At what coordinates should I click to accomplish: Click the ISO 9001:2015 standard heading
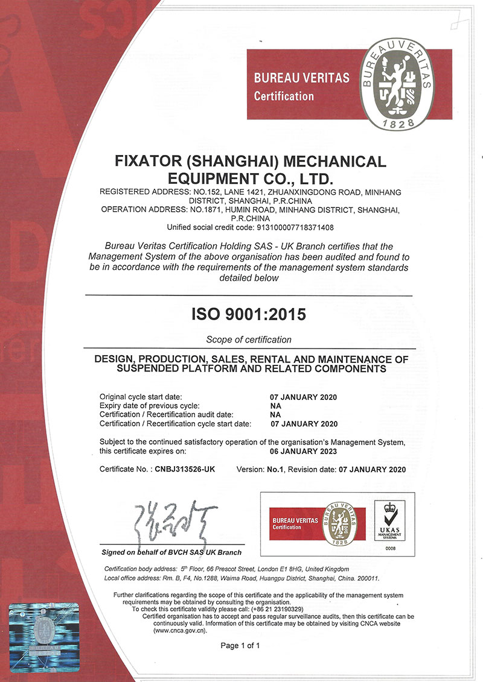pyautogui.click(x=249, y=314)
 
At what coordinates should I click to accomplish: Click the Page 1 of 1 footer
pyautogui.click(x=240, y=645)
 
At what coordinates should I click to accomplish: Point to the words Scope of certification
pyautogui.click(x=249, y=339)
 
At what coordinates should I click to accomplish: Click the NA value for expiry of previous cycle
pyautogui.click(x=275, y=406)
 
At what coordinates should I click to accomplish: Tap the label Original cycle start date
pyautogui.click(x=140, y=397)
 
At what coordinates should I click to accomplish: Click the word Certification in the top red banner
pyautogui.click(x=284, y=96)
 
